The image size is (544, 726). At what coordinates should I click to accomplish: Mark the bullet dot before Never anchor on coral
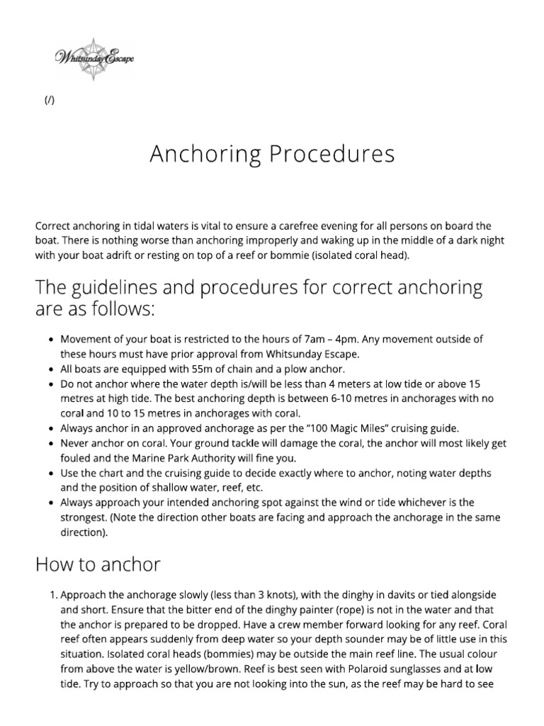(x=52, y=443)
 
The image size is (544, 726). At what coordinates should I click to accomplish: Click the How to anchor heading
(x=98, y=564)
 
